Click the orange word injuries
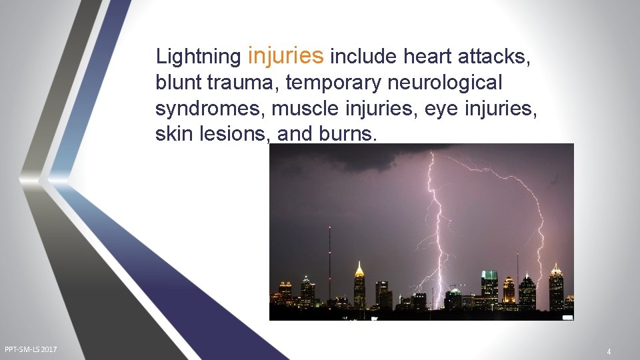click(x=285, y=56)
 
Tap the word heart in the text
click(x=429, y=57)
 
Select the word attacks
click(x=495, y=57)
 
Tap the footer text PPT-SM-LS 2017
click(x=31, y=349)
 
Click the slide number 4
click(x=609, y=351)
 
